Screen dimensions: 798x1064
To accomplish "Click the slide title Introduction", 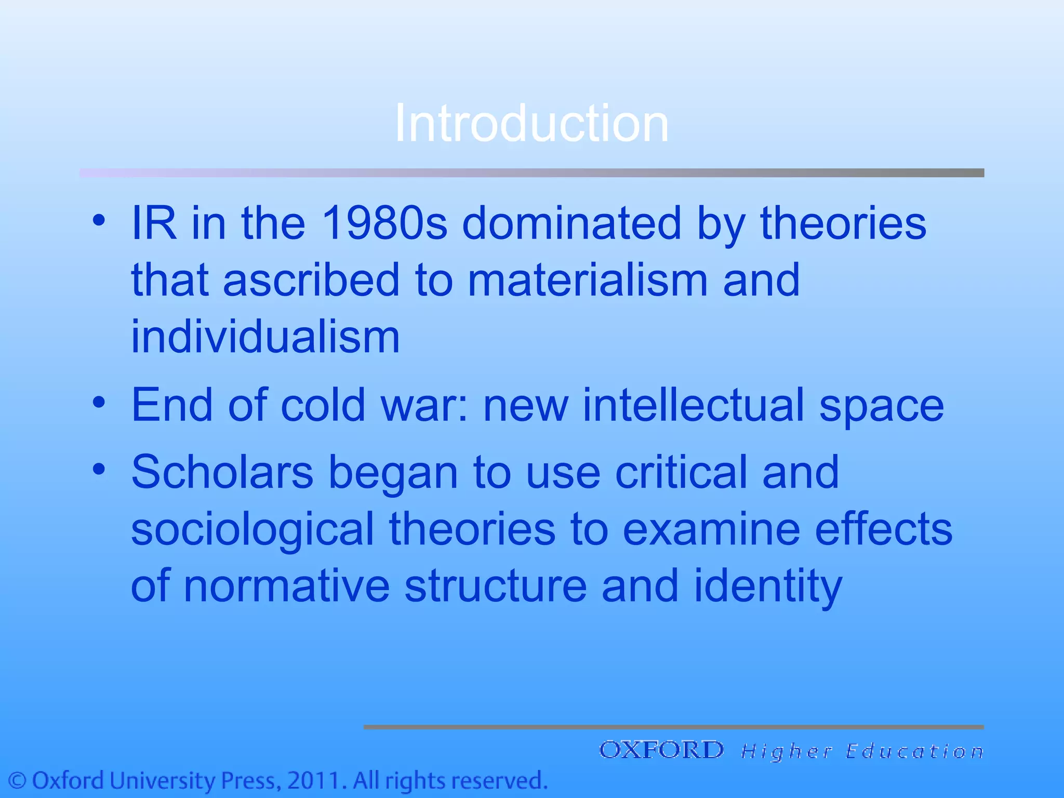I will [531, 123].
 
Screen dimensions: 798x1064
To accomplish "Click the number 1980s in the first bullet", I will [384, 223].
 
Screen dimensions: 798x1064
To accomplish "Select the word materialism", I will [588, 281].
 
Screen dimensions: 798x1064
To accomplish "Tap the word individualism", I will [265, 337].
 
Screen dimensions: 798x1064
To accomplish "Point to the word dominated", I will [571, 223].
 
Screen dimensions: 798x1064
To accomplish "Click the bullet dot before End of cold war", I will [99, 402].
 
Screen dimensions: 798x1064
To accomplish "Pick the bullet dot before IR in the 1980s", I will [99, 220].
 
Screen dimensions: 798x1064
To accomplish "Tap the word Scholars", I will [222, 472].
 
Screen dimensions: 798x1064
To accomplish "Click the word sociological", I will [252, 529].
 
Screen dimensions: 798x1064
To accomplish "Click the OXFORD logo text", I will [661, 750].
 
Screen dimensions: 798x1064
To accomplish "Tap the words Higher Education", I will [862, 751].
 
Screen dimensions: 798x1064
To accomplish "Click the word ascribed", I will [311, 281].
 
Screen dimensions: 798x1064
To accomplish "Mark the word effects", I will [883, 529].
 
